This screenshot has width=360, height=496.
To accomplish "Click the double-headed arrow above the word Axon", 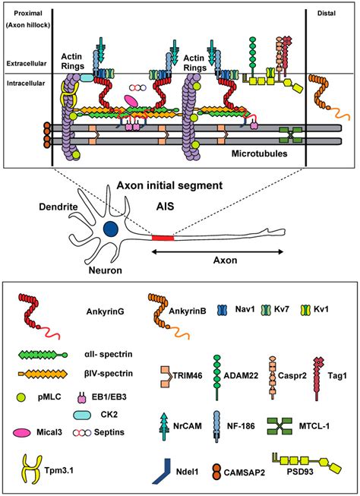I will (x=236, y=249).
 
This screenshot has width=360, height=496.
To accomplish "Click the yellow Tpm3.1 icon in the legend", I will (x=35, y=467).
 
